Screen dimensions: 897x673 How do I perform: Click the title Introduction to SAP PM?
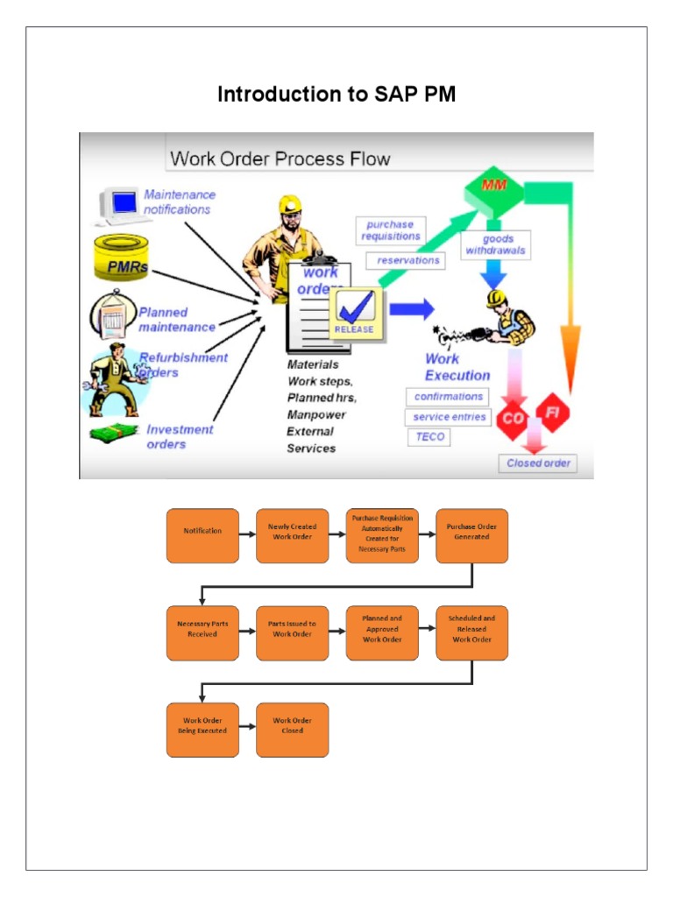click(x=336, y=95)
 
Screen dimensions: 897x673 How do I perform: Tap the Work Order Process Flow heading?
click(x=280, y=159)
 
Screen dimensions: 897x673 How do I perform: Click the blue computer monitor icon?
click(x=121, y=203)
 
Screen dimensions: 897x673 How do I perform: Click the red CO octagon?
click(x=513, y=419)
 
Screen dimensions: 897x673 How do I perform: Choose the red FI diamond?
click(x=553, y=411)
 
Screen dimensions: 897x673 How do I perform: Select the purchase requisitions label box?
click(x=392, y=230)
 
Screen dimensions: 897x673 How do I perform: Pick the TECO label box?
click(x=429, y=436)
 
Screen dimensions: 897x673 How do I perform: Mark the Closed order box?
click(x=538, y=463)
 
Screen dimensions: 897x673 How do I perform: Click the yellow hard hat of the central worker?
click(x=290, y=205)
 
